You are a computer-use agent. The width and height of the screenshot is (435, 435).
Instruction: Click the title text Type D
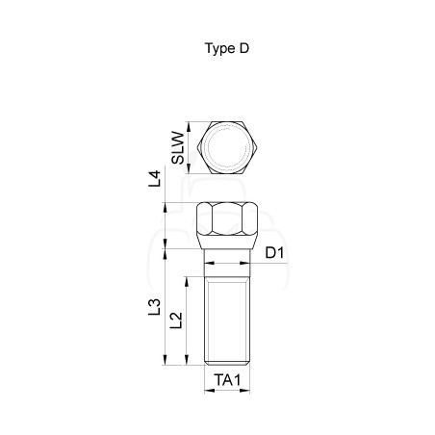[227, 48]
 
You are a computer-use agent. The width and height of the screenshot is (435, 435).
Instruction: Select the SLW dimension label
[178, 148]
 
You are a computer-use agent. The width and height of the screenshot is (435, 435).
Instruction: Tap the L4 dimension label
[154, 179]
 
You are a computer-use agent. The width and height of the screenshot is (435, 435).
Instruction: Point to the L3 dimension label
[154, 307]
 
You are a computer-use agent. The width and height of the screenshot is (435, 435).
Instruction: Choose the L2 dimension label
[176, 320]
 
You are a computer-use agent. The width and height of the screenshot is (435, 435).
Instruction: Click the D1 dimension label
[274, 253]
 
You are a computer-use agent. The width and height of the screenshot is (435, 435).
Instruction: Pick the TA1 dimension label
[227, 380]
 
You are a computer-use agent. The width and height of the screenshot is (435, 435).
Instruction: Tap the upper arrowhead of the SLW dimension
[189, 126]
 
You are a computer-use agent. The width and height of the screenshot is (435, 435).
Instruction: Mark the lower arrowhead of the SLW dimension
[189, 169]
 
